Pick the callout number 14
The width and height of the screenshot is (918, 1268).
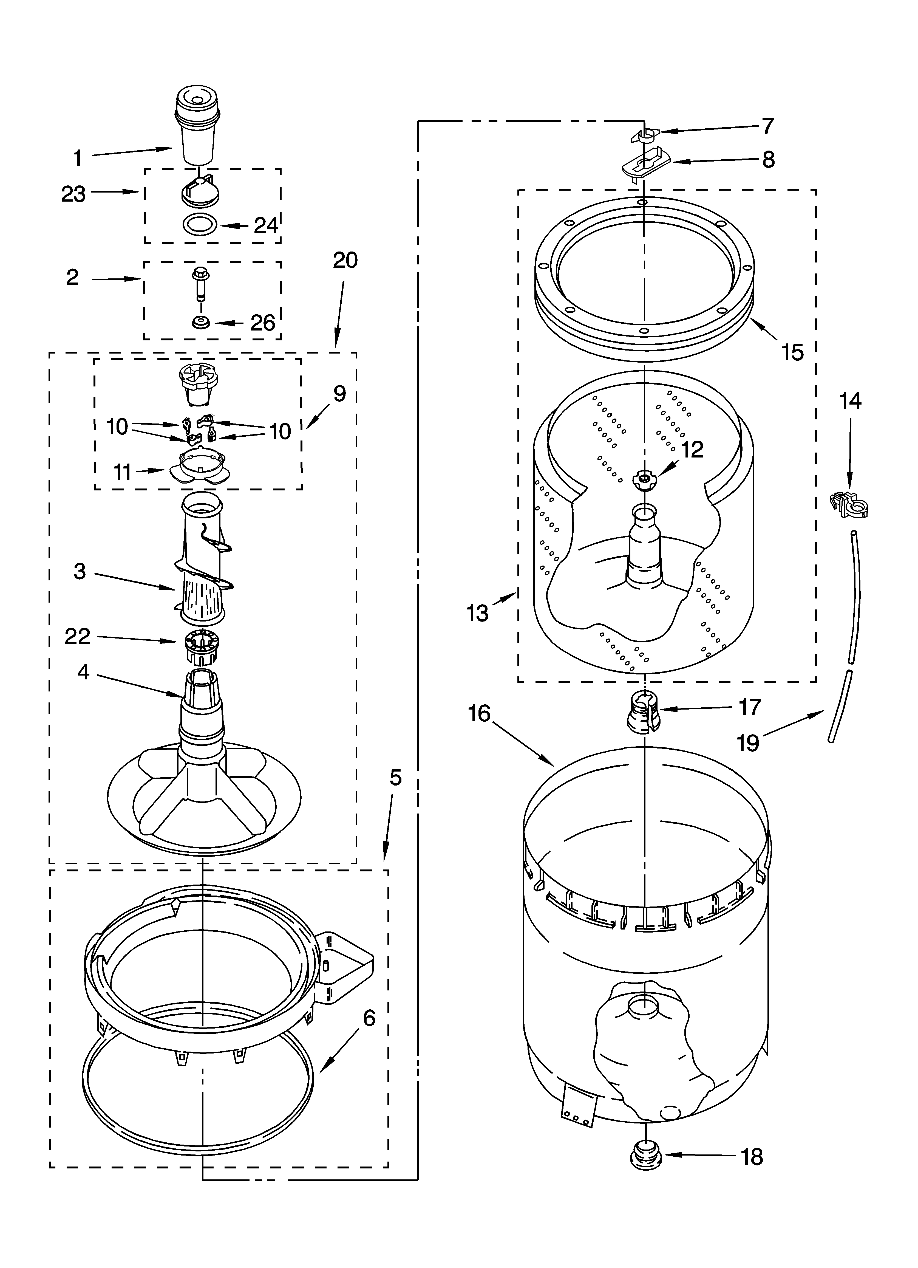850,401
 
